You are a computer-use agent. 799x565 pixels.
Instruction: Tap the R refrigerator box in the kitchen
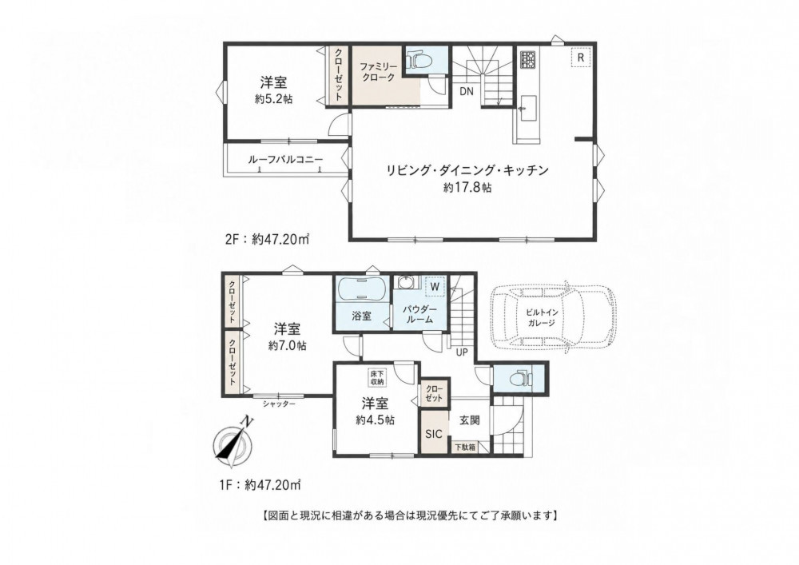[x=580, y=58]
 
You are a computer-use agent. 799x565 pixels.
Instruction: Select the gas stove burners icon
[x=527, y=60]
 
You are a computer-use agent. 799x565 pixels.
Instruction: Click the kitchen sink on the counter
[x=527, y=109]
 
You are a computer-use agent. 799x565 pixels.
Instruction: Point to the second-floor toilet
[x=420, y=61]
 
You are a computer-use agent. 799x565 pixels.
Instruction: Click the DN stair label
[x=467, y=92]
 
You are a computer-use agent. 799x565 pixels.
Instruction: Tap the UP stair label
[x=462, y=352]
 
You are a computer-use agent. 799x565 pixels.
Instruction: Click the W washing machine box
[x=435, y=286]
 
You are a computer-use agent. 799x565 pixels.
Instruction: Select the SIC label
[x=434, y=434]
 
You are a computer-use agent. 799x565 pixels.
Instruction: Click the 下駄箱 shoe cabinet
[x=465, y=447]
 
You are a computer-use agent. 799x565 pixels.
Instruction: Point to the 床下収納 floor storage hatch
[x=377, y=377]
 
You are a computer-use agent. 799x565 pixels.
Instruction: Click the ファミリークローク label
[x=378, y=73]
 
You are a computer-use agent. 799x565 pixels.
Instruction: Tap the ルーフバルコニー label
[x=285, y=160]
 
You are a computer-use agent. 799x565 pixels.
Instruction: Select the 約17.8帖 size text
[x=467, y=188]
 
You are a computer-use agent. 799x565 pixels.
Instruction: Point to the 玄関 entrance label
[x=469, y=420]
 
